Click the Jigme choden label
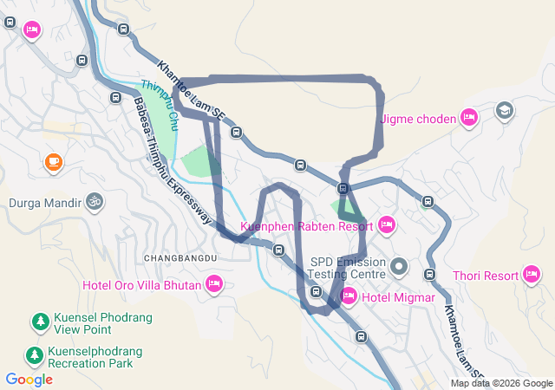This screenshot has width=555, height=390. [417, 119]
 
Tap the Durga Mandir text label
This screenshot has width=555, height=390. [42, 204]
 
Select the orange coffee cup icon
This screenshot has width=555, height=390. [53, 161]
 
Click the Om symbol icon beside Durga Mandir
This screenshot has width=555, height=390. [93, 203]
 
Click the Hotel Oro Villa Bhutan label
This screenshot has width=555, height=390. [141, 284]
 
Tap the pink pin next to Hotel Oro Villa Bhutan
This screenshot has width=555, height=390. [213, 283]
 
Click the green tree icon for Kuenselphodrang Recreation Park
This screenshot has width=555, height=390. [34, 356]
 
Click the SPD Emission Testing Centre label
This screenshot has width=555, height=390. [348, 267]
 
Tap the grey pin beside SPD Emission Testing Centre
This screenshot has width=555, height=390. [399, 266]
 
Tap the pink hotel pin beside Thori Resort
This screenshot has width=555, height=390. [532, 276]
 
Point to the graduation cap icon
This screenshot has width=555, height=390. [504, 111]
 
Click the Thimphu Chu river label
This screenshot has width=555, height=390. [160, 100]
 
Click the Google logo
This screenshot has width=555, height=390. [29, 379]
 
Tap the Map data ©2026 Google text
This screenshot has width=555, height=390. [500, 384]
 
